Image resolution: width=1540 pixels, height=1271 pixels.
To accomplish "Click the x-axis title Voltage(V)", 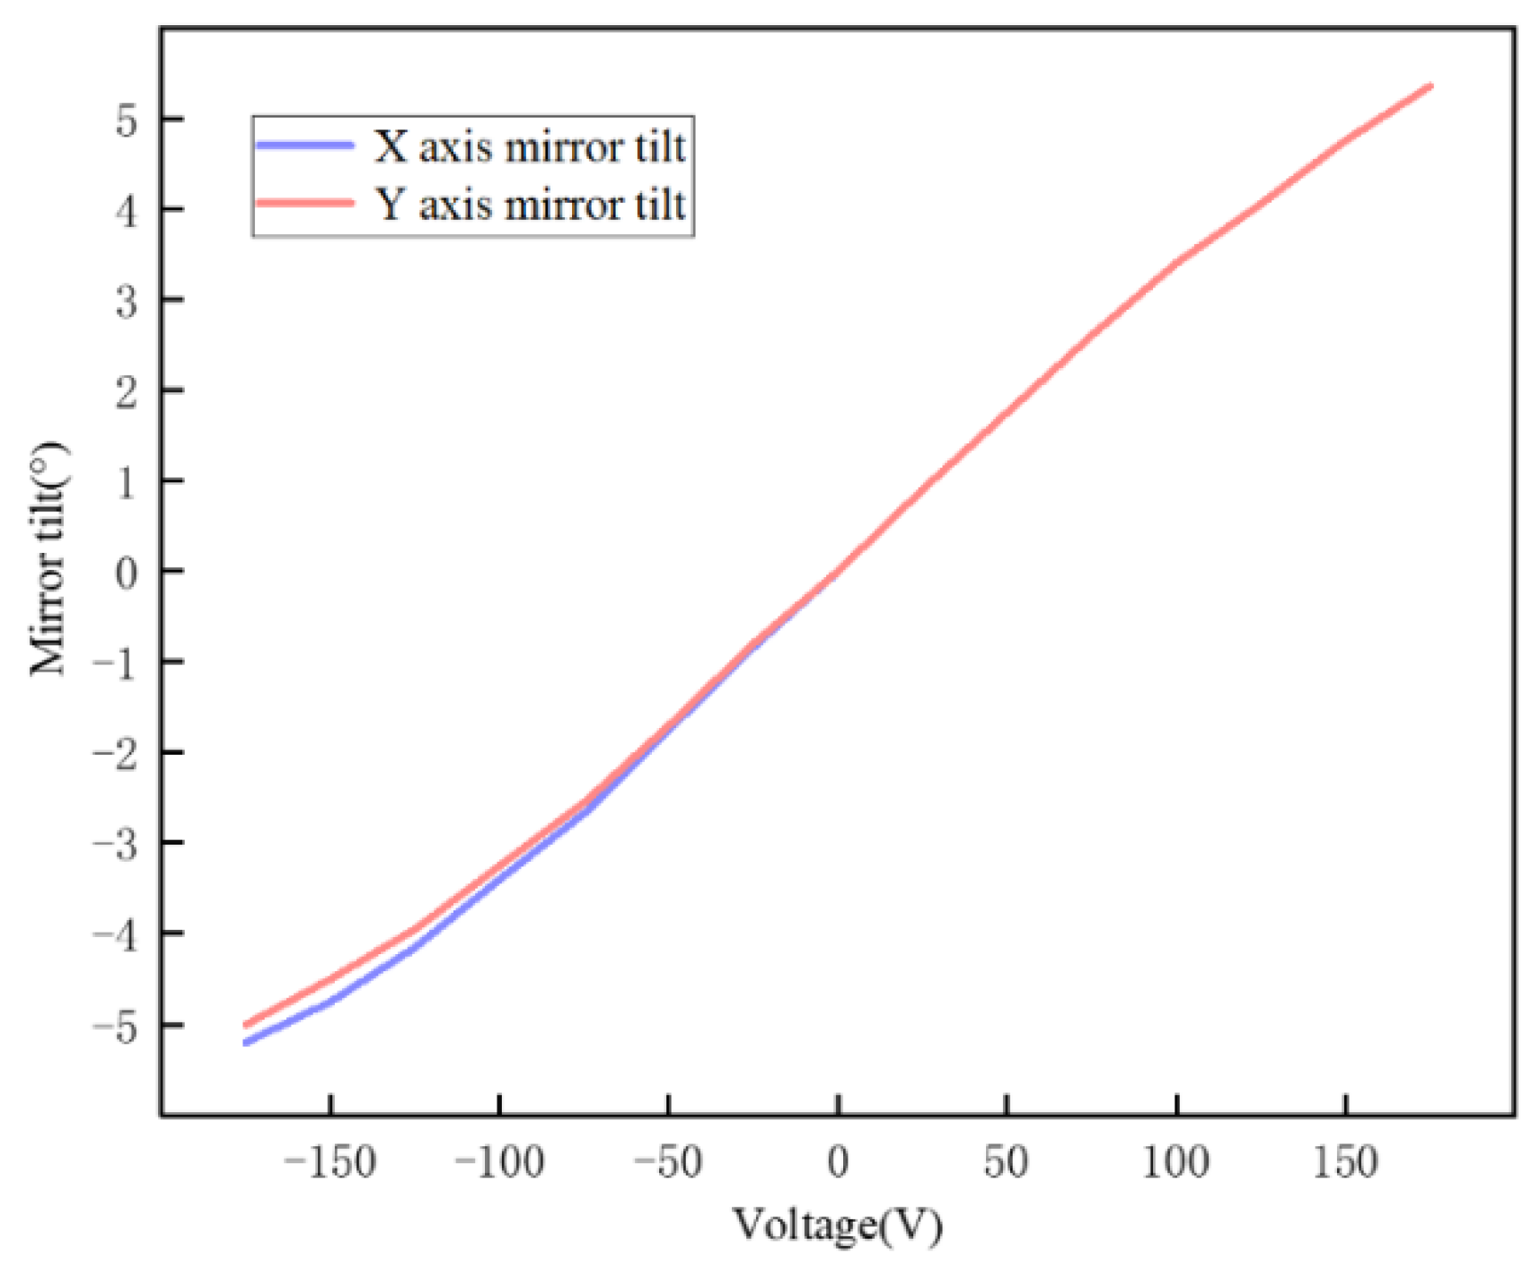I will pyautogui.click(x=838, y=1226).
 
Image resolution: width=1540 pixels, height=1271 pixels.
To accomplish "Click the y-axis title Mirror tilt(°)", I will pyautogui.click(x=48, y=558).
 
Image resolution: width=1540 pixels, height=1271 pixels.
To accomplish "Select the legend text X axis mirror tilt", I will pyautogui.click(x=530, y=146).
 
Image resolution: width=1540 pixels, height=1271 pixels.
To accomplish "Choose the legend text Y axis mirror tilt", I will pyautogui.click(x=530, y=205).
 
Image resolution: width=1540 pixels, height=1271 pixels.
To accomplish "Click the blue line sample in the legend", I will pyautogui.click(x=304, y=145).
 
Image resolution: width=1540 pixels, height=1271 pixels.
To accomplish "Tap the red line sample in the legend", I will pyautogui.click(x=304, y=203).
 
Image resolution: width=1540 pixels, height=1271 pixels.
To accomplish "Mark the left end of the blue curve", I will pyautogui.click(x=246, y=1043).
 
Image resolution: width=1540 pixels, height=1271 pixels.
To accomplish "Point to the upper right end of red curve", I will pyautogui.click(x=1430, y=86).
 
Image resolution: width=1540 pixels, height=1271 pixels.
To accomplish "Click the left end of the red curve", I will pyautogui.click(x=246, y=1024).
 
